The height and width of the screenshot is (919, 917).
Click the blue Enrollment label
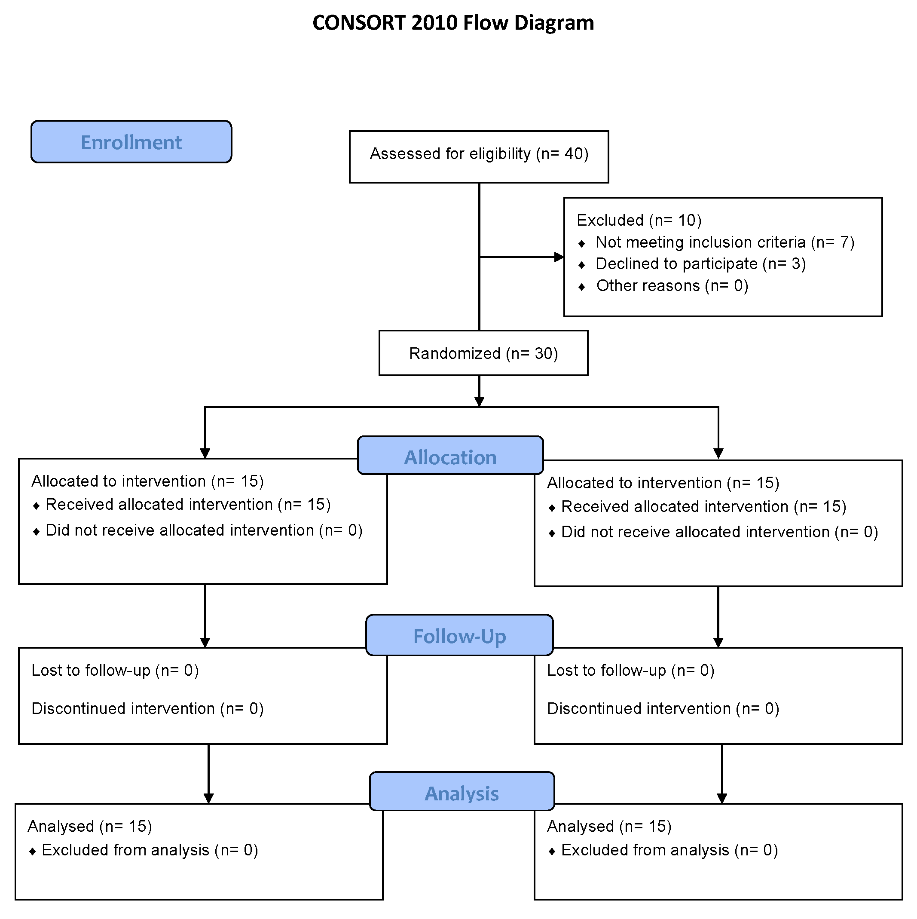pyautogui.click(x=131, y=142)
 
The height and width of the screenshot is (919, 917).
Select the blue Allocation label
pyautogui.click(x=450, y=456)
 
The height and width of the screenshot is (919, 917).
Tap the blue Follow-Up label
pyautogui.click(x=459, y=636)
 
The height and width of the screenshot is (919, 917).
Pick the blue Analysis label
pyautogui.click(x=462, y=793)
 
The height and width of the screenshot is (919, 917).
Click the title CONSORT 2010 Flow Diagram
pyautogui.click(x=453, y=23)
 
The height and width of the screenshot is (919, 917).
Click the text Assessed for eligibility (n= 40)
pyautogui.click(x=479, y=153)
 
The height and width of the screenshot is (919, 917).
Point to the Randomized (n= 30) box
pyautogui.click(x=483, y=353)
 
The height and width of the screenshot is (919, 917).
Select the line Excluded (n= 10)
pyautogui.click(x=639, y=220)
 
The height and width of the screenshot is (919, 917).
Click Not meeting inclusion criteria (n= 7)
pyautogui.click(x=725, y=242)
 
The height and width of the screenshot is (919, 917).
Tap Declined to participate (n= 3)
pyautogui.click(x=700, y=263)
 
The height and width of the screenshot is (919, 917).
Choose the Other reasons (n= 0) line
pyautogui.click(x=672, y=285)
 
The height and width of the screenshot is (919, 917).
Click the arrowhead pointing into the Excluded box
pyautogui.click(x=559, y=257)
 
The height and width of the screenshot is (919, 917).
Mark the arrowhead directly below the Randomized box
pyautogui.click(x=480, y=401)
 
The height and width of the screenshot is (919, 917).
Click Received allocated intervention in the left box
pyautogui.click(x=188, y=504)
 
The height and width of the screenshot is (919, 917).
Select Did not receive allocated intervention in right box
pyautogui.click(x=719, y=532)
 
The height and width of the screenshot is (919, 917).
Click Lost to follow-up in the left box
pyautogui.click(x=115, y=670)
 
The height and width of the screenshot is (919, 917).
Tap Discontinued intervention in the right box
pyautogui.click(x=663, y=708)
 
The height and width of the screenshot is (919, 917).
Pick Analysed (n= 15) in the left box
pyautogui.click(x=90, y=826)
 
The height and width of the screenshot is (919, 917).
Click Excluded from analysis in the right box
pyautogui.click(x=669, y=850)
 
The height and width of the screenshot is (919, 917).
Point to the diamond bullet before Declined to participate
pyautogui.click(x=581, y=265)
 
